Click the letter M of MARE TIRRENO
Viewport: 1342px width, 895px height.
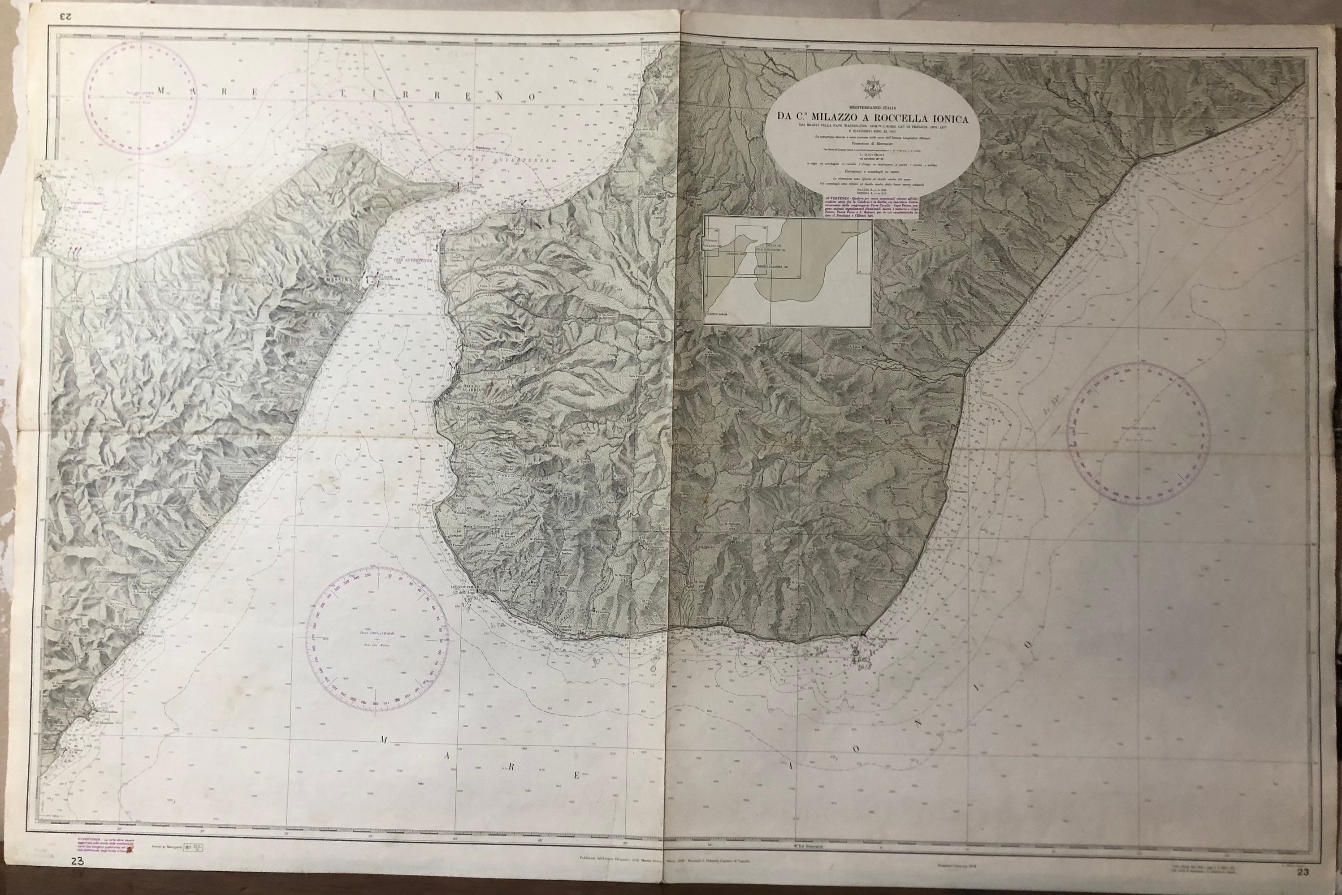point(162,90)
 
